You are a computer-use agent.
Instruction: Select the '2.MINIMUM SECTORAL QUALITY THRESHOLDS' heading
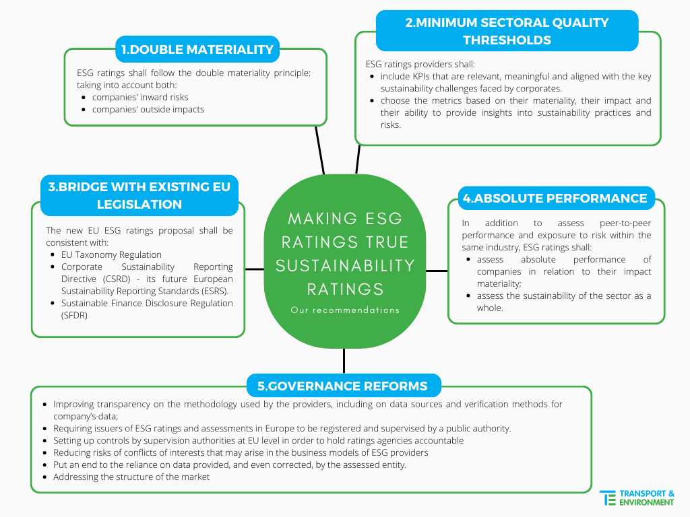point(507,31)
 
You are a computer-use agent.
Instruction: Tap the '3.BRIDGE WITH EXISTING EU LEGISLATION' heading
point(139,195)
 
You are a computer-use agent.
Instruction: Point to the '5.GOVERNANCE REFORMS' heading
point(343,386)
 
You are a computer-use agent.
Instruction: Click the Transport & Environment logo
point(637,497)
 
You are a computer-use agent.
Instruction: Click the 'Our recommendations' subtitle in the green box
point(345,310)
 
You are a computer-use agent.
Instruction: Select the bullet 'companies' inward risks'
point(140,97)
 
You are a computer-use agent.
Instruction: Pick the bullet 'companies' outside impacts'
point(148,109)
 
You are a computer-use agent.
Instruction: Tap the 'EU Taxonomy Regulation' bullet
point(111,254)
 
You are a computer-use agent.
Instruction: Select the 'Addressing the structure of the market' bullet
point(131,477)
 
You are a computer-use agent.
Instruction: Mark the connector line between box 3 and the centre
point(254,269)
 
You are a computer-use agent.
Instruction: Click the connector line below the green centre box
point(344,361)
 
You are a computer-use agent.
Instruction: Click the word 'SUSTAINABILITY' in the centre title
point(345,265)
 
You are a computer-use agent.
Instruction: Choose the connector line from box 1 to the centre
point(319,149)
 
